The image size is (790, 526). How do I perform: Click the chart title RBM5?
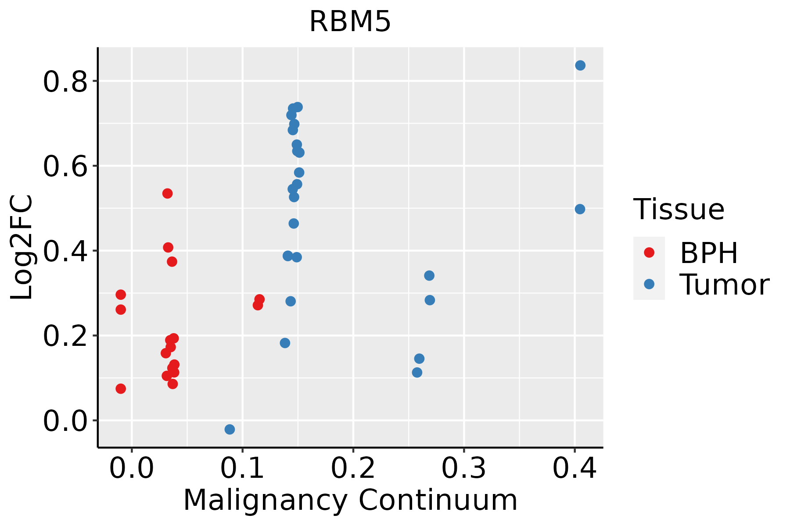pos(350,22)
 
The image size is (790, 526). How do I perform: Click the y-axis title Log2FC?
pos(22,248)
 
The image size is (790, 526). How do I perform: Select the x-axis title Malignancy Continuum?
pos(350,500)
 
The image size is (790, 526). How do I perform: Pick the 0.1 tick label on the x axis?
pos(242,469)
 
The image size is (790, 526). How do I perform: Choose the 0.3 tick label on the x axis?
pos(463,469)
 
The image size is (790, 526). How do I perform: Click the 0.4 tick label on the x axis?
pos(574,469)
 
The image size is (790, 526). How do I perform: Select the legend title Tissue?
pos(679,210)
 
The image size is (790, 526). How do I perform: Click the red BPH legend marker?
pos(649,252)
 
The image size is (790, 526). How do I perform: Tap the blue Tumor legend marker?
pos(649,284)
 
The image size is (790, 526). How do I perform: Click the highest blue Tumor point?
pos(580,65)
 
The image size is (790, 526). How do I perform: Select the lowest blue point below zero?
pos(230,429)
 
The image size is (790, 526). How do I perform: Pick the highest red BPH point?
pos(167,193)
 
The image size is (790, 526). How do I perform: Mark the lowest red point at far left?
pos(121,388)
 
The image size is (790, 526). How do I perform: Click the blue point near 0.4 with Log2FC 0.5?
pos(580,209)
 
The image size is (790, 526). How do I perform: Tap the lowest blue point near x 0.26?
pos(417,373)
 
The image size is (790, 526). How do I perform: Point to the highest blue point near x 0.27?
pos(429,275)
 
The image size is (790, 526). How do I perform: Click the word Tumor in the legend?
pos(724,285)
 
